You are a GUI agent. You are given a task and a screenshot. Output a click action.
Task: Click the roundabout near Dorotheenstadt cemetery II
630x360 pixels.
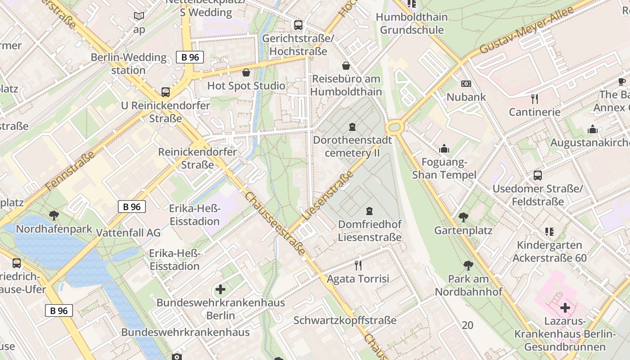click(394, 127)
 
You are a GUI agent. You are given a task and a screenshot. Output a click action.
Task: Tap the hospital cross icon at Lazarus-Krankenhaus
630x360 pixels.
click(565, 308)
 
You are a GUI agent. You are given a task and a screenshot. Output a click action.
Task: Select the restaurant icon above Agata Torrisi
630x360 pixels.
click(358, 265)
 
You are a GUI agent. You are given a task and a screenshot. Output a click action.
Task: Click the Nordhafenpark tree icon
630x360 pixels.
click(54, 215)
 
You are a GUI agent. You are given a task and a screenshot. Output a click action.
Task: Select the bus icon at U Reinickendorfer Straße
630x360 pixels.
click(166, 92)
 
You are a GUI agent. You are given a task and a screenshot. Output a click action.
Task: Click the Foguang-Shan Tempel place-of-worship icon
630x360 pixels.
click(444, 148)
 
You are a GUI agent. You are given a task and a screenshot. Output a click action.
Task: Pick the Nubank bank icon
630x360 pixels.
click(466, 84)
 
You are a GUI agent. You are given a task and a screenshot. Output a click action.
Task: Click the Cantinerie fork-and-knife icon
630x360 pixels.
click(535, 99)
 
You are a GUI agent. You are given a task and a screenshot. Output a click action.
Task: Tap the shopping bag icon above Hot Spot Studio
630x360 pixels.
click(246, 72)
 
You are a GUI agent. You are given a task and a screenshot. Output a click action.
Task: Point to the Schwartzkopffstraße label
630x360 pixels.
click(345, 320)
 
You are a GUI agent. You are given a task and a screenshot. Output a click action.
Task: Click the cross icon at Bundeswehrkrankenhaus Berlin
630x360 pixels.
click(220, 289)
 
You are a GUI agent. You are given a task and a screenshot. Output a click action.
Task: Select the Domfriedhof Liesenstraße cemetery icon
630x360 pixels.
click(369, 211)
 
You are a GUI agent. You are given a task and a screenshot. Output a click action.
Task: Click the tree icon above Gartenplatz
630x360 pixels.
click(463, 217)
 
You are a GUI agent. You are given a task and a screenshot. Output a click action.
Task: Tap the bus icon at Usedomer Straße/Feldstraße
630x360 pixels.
click(537, 175)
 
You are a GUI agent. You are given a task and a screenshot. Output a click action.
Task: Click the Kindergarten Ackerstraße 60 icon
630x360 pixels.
click(549, 232)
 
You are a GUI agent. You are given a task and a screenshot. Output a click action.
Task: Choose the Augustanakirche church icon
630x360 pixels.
click(593, 130)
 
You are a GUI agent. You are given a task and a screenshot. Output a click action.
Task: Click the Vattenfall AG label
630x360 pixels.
click(128, 233)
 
